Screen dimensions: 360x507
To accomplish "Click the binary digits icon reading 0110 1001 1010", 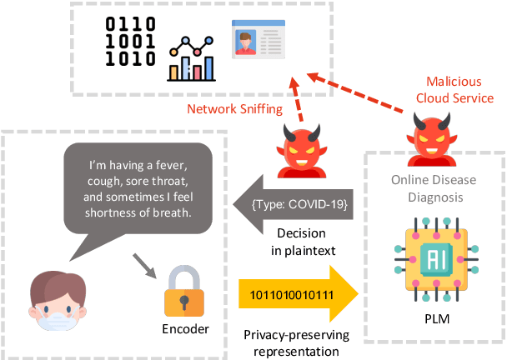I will [x=130, y=42].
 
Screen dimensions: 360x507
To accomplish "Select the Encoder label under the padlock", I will [x=183, y=330].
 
